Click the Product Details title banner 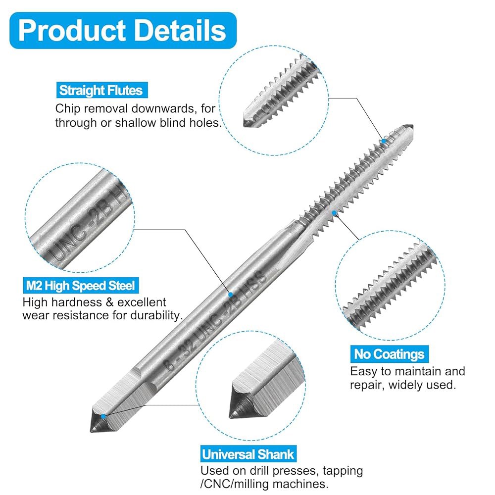click(x=123, y=30)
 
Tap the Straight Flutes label click(x=101, y=90)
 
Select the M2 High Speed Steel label click(x=81, y=286)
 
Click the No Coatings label click(x=389, y=354)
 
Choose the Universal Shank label click(x=248, y=454)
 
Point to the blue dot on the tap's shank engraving click(x=231, y=294)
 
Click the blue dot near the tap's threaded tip click(x=384, y=141)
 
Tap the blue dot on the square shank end click(x=103, y=416)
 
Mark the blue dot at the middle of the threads click(x=334, y=213)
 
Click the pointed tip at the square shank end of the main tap click(x=91, y=431)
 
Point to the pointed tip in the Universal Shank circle click(x=231, y=416)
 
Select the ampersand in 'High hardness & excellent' click(x=109, y=302)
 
